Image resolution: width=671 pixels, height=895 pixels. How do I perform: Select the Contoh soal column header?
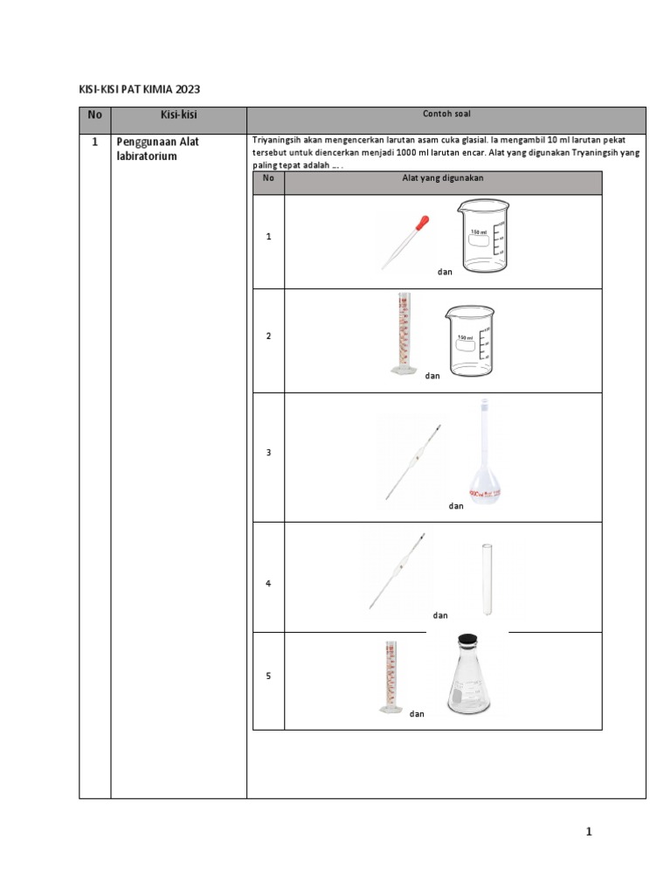446,114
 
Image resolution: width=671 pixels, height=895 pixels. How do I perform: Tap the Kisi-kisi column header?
178,115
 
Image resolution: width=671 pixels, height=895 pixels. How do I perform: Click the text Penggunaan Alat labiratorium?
158,149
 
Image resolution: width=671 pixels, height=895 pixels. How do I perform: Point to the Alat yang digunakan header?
443,178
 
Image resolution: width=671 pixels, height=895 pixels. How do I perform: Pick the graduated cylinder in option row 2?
403,335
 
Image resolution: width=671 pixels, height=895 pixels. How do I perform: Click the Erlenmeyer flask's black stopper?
469,640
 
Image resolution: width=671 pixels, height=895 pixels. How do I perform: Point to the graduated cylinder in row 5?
389,677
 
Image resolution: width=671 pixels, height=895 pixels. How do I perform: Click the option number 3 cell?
269,453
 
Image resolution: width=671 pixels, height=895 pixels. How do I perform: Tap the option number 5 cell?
269,676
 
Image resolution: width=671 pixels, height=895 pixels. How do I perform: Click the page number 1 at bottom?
590,832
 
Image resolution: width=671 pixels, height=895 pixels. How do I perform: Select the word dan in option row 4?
440,615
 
